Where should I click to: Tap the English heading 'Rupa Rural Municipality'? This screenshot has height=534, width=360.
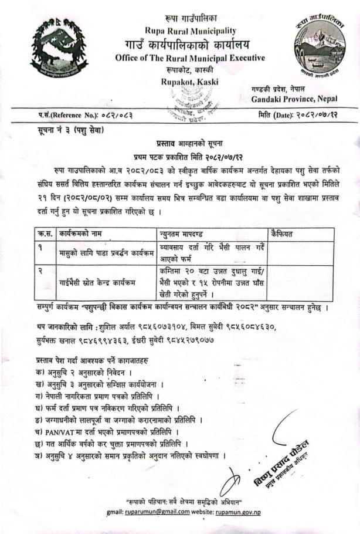point(191,31)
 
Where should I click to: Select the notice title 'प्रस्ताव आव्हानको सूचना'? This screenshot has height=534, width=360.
point(191,143)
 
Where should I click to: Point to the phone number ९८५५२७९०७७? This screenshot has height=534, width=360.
point(196,340)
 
